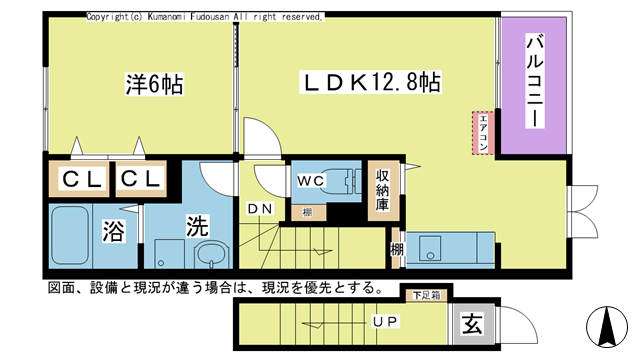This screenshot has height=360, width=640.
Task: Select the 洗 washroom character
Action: [x=198, y=226]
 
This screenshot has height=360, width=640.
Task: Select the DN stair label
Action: [x=259, y=208]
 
